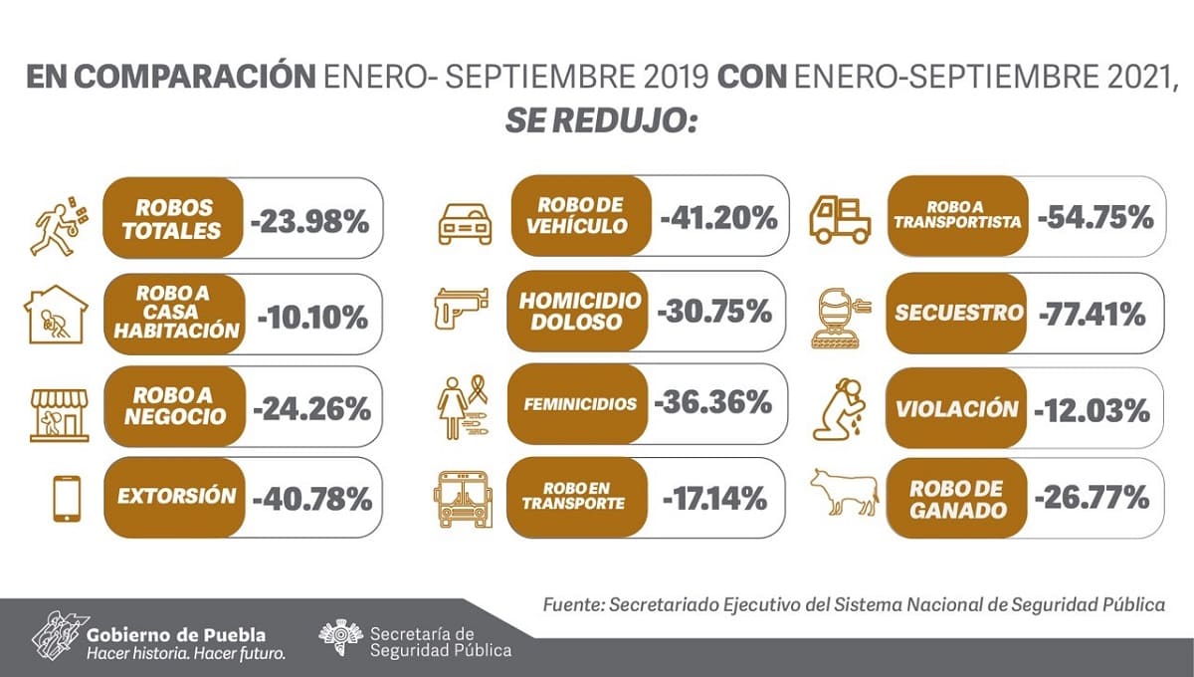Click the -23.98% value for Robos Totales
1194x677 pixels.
click(x=309, y=220)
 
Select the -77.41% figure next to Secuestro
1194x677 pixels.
click(x=1092, y=315)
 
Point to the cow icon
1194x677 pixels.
click(x=844, y=493)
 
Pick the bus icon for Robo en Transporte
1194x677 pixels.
click(x=464, y=499)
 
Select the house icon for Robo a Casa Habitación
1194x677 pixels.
click(x=56, y=314)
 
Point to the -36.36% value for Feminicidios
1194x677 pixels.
click(x=713, y=403)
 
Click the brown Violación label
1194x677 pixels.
click(x=956, y=409)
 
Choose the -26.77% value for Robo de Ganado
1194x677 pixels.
click(x=1093, y=496)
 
